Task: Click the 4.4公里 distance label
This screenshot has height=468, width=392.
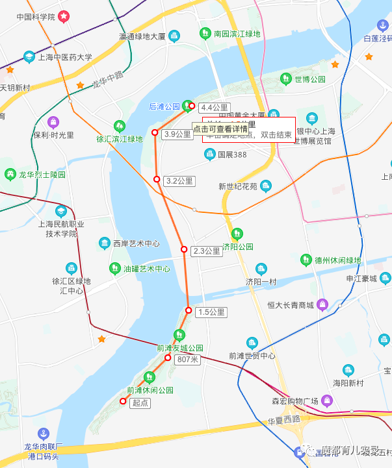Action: pos(214,107)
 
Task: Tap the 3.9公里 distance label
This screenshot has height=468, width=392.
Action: pos(177,134)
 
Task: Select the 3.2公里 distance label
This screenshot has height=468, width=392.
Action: pos(179,180)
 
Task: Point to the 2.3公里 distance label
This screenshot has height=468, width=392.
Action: pos(207,251)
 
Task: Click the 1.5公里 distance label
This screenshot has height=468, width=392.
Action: pos(211,312)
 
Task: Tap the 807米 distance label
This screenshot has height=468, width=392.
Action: pos(187,359)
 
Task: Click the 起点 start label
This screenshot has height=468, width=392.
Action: pos(140,403)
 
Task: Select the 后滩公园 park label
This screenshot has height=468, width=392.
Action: pos(164,106)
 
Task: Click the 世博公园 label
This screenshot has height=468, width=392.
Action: pos(309,79)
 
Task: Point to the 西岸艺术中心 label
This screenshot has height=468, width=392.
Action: pos(136,244)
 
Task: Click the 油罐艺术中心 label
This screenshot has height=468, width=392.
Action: pos(147,268)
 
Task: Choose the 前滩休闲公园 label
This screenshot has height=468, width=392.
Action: pos(150,390)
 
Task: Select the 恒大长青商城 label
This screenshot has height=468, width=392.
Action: pos(291,304)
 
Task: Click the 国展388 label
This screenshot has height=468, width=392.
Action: pos(232,154)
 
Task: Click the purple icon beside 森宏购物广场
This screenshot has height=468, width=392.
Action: pos(327,400)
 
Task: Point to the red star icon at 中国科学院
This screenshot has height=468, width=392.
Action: pos(64,16)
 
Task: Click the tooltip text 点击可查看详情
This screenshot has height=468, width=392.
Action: pos(220,129)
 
